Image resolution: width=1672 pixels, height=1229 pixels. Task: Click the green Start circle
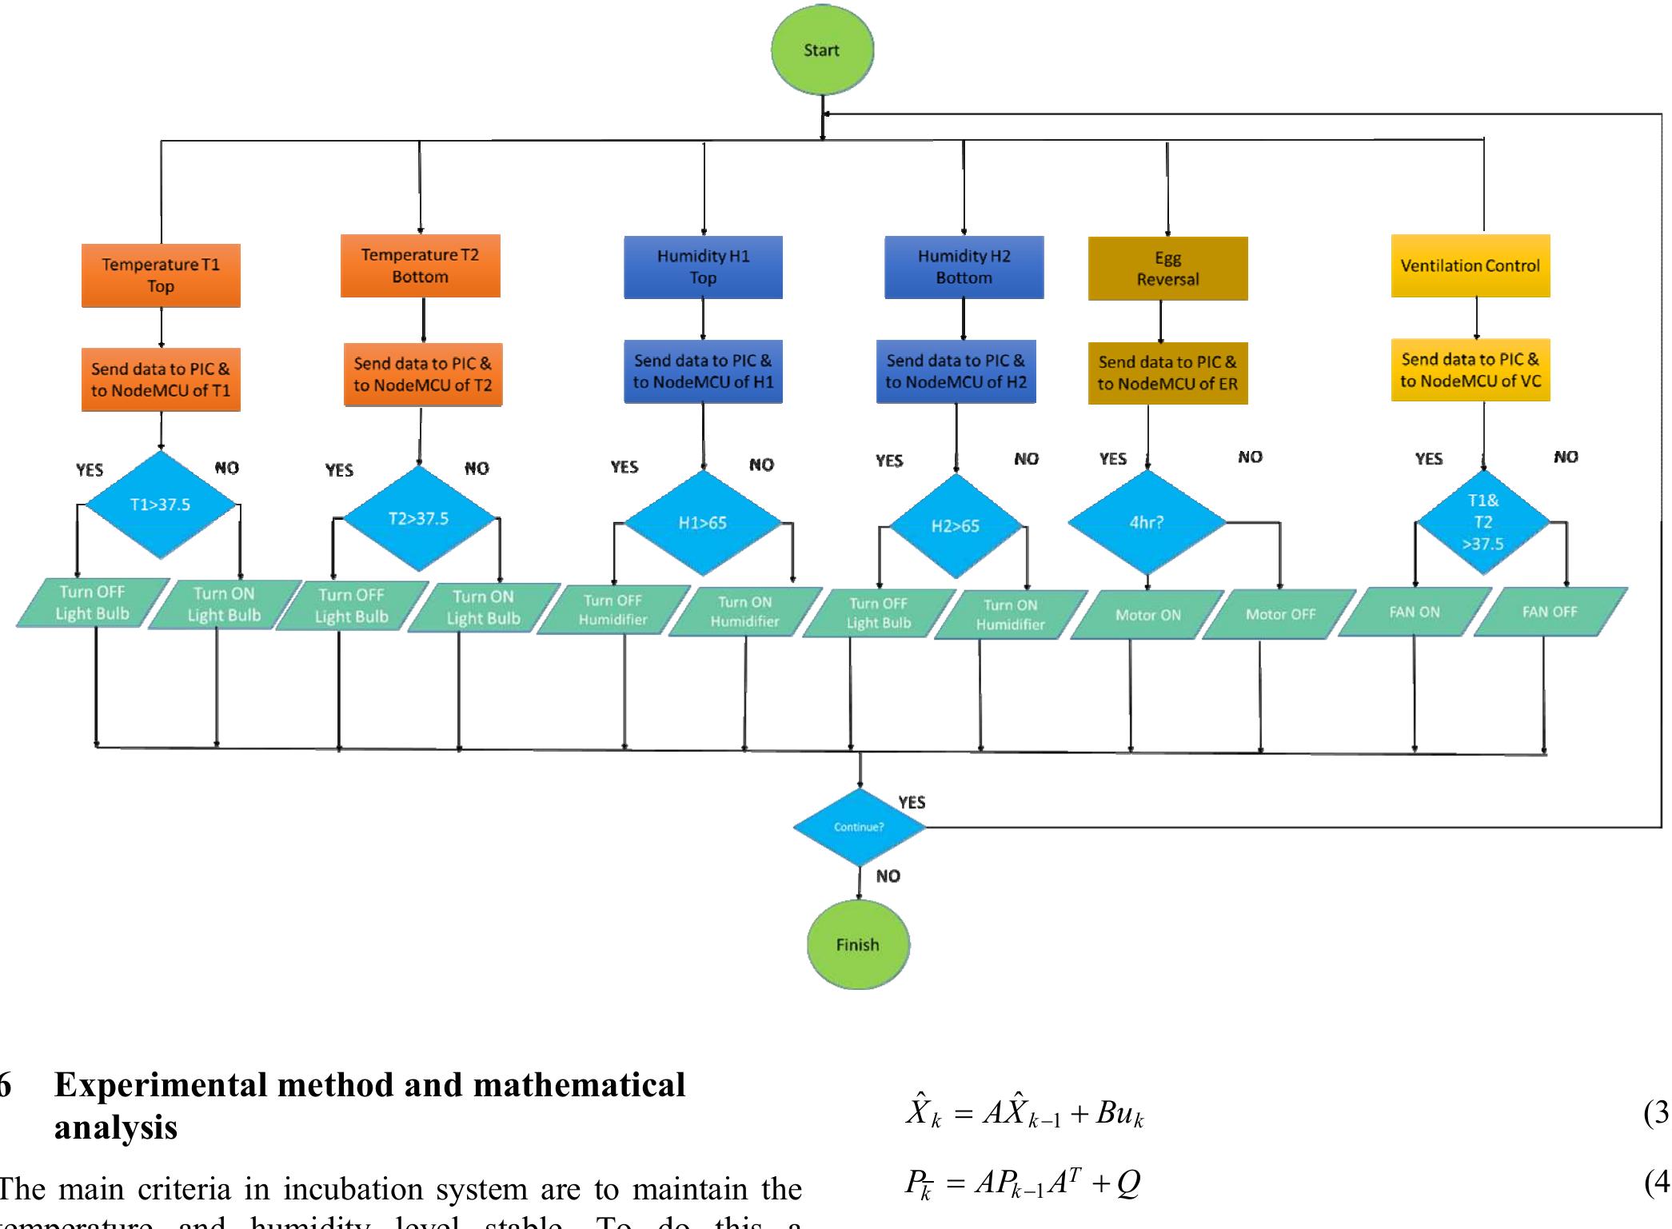(822, 50)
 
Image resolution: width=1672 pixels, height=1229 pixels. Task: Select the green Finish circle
(857, 944)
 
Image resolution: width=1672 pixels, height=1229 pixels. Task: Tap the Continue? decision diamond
(859, 827)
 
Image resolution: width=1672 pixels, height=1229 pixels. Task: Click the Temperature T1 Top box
(161, 275)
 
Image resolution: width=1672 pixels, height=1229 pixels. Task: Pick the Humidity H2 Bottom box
(964, 267)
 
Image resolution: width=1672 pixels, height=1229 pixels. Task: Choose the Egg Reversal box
(1167, 269)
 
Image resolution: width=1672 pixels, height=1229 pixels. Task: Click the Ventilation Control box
(1470, 265)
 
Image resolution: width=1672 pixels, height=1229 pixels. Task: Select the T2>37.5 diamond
(418, 518)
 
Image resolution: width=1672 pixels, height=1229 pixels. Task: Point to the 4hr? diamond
(1147, 522)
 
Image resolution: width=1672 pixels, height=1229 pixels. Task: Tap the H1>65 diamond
(702, 523)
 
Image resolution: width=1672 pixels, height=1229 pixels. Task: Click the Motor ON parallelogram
(1147, 615)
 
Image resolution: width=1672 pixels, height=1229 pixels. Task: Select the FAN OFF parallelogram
(1550, 612)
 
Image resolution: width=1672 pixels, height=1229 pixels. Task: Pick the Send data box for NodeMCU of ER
(1167, 373)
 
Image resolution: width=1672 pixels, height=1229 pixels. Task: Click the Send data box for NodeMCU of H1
(703, 371)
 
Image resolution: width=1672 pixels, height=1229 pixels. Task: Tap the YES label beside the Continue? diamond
(912, 802)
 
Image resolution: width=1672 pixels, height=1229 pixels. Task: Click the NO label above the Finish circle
(888, 876)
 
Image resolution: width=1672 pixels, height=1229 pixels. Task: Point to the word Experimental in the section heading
(161, 1085)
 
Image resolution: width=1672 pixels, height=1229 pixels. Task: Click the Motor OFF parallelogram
(1280, 614)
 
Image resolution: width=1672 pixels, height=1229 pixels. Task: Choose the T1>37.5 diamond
(160, 505)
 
